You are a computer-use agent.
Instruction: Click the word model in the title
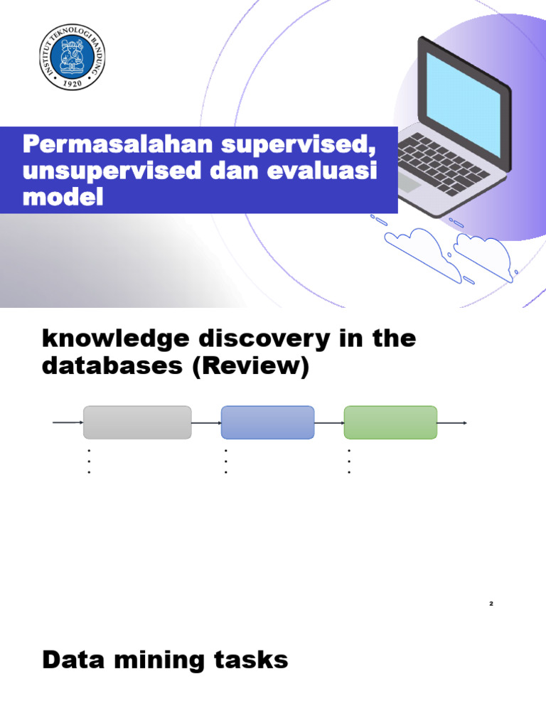[x=63, y=197]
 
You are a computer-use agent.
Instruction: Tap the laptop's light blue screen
[x=464, y=99]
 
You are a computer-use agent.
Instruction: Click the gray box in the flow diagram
[x=137, y=422]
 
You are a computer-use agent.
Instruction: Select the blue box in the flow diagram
[x=268, y=422]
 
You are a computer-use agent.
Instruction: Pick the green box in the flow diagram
[x=390, y=422]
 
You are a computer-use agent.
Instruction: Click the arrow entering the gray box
[x=68, y=422]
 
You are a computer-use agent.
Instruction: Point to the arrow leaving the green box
[x=452, y=423]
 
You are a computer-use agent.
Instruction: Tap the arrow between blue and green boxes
[x=329, y=423]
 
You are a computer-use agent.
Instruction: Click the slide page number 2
[x=491, y=604]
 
